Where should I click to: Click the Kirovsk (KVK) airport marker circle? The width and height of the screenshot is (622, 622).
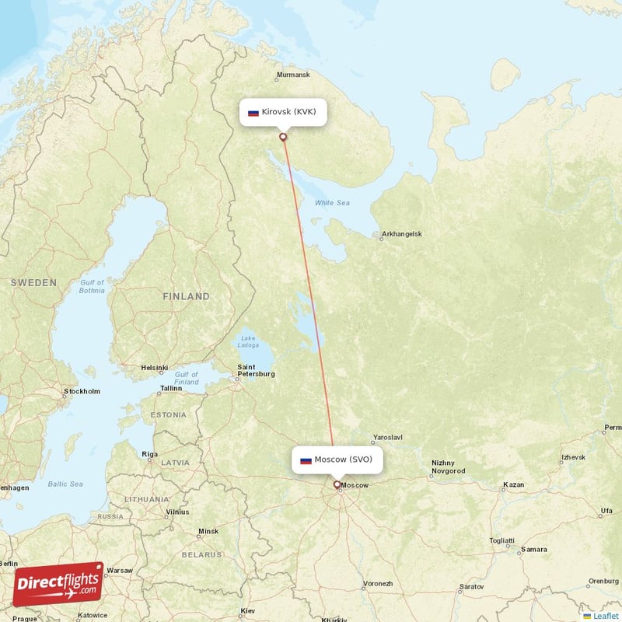283,137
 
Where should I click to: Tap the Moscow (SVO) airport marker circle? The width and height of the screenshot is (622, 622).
337,484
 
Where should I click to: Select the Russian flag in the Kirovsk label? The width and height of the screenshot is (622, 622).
253,113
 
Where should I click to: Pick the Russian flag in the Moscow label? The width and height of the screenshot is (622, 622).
306,460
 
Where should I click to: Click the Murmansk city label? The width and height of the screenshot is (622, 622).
292,75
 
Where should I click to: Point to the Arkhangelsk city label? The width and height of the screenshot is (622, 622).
401,234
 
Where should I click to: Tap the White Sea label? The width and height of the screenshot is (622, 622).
332,203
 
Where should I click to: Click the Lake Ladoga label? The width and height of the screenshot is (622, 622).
248,342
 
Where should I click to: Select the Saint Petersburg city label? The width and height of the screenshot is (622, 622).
256,370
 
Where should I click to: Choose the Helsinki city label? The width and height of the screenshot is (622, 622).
155,368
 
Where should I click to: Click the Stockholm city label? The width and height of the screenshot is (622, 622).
82,391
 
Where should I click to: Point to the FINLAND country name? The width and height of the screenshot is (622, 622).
186,296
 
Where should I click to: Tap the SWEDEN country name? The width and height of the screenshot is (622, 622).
33,282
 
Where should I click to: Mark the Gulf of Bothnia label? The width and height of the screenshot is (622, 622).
92,286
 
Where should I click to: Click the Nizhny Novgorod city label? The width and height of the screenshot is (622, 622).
448,467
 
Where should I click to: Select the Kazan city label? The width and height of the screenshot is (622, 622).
513,485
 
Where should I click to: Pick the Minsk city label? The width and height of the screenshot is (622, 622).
208,532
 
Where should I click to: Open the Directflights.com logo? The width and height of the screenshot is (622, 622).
58,584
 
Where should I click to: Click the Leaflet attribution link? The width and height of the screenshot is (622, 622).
605,616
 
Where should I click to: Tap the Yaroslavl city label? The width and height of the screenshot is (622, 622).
388,438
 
